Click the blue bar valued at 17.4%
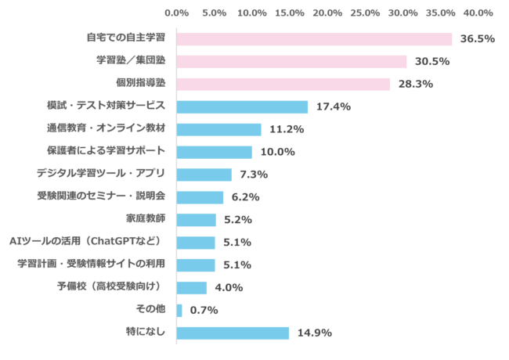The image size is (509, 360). pos(243,107)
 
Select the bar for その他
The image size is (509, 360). pos(180,311)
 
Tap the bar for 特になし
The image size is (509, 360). pos(233,333)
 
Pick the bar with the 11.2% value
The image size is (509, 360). pos(220,130)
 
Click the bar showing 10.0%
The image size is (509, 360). pos(215,153)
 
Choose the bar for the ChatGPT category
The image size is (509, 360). pos(197,243)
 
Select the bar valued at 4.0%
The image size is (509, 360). pos(193,288)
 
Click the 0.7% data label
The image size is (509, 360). pos(204,311)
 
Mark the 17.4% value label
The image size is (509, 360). pos(333,107)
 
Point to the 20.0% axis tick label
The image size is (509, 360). pos(328,13)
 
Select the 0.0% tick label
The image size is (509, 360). pos(178,13)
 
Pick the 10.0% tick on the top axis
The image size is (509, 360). pos(253,13)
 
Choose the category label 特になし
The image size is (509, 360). pos(148,333)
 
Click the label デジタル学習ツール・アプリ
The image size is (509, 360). pos(102,175)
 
